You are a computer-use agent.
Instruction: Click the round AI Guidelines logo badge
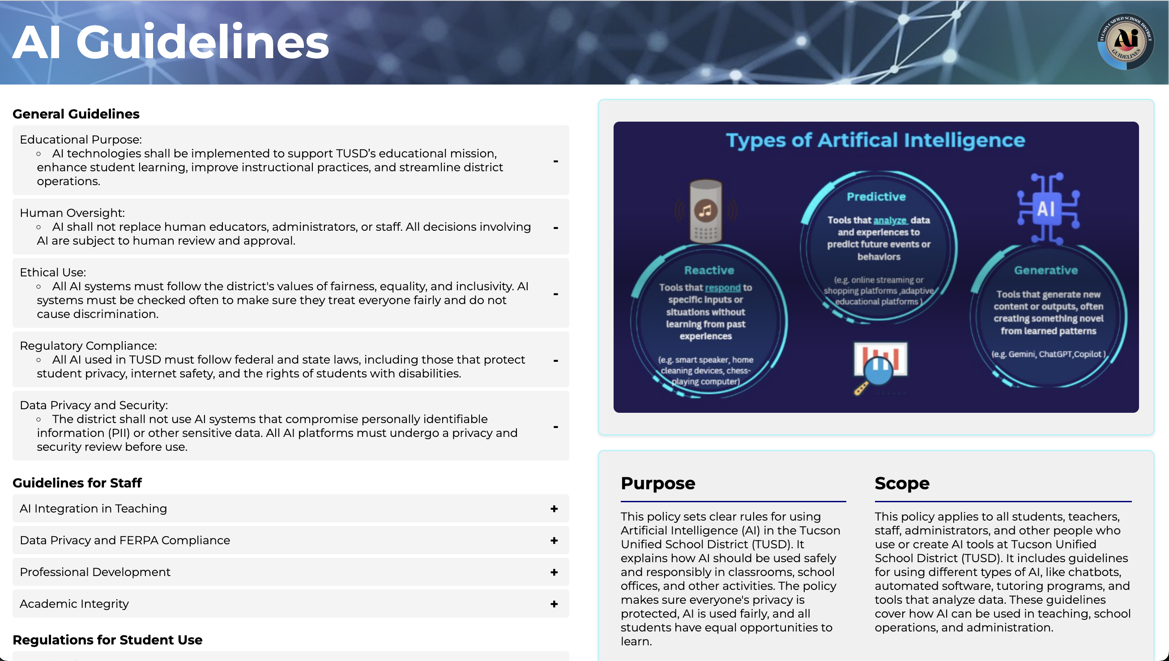coord(1125,41)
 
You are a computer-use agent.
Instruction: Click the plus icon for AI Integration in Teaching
coord(554,509)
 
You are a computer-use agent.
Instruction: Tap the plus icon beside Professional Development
coord(554,572)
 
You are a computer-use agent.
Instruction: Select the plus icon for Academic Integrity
coord(554,604)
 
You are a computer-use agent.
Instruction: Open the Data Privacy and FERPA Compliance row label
coord(125,540)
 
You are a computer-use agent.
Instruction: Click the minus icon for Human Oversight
coord(555,228)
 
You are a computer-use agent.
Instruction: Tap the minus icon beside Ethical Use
coord(555,294)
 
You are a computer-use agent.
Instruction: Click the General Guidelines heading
coord(76,114)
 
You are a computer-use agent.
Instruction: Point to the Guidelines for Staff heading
coord(77,483)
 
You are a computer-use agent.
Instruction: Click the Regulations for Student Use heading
coord(107,640)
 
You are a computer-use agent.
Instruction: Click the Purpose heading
coord(657,483)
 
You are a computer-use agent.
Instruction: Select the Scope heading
coord(901,483)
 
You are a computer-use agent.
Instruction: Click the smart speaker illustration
coord(705,212)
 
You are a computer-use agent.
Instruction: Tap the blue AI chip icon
coord(1047,209)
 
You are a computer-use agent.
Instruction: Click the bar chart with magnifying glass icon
coord(879,366)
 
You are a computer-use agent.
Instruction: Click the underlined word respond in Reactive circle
coord(722,288)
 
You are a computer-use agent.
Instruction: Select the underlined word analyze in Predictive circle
coord(890,220)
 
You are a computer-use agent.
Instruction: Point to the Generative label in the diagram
coord(1045,270)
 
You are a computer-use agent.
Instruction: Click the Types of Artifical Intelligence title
coord(875,140)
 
